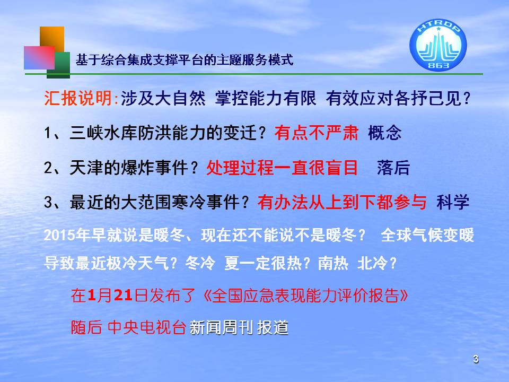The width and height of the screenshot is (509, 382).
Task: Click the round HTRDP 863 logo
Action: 438,45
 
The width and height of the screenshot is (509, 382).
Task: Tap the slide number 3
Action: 476,359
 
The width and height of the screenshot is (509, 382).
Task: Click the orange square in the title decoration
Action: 52,39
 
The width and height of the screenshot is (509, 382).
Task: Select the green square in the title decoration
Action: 59,65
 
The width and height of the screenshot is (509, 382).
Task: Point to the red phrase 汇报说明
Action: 78,98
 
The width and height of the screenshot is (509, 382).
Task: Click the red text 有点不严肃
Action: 317,133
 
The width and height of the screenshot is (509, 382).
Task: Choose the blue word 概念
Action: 385,133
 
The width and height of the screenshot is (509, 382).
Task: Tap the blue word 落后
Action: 393,168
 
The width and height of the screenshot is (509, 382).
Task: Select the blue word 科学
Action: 453,202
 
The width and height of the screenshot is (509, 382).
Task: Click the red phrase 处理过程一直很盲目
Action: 282,168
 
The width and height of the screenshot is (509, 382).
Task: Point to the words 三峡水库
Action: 103,133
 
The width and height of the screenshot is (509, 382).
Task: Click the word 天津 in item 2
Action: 86,168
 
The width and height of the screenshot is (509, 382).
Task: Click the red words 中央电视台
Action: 147,327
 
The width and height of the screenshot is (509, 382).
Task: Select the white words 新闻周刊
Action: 221,327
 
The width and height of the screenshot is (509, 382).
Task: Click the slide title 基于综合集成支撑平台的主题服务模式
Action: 185,60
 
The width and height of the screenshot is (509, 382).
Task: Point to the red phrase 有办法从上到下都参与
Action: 342,202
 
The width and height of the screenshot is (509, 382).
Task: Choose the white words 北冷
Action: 372,263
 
